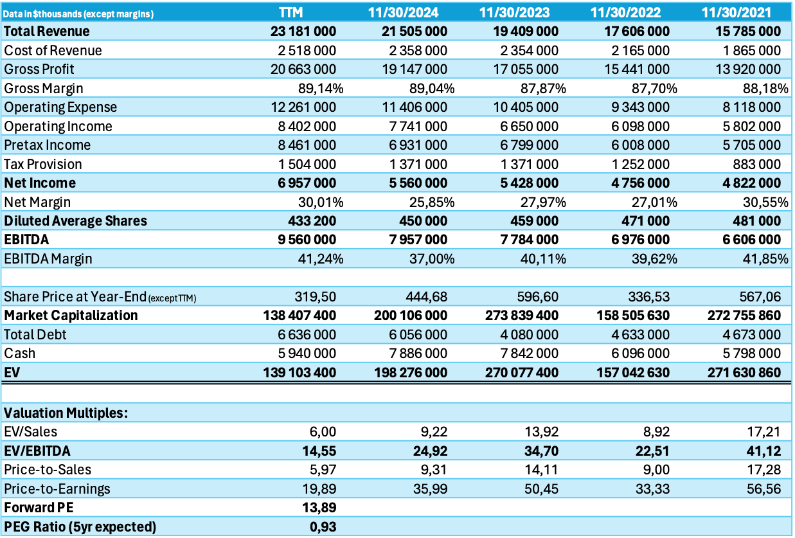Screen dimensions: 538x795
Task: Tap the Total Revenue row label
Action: (47, 31)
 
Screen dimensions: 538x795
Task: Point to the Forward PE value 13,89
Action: (319, 508)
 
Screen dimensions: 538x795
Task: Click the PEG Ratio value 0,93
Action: (323, 527)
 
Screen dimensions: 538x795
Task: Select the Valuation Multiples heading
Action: (66, 413)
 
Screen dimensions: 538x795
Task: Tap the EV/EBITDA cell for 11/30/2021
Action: (763, 451)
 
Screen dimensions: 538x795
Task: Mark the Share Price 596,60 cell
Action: (538, 296)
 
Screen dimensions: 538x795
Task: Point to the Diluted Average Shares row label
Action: (76, 220)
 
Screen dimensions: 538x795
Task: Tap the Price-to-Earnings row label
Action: (57, 489)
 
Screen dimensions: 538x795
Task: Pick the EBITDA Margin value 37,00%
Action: (432, 258)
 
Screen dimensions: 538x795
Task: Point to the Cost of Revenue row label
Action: (53, 50)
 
